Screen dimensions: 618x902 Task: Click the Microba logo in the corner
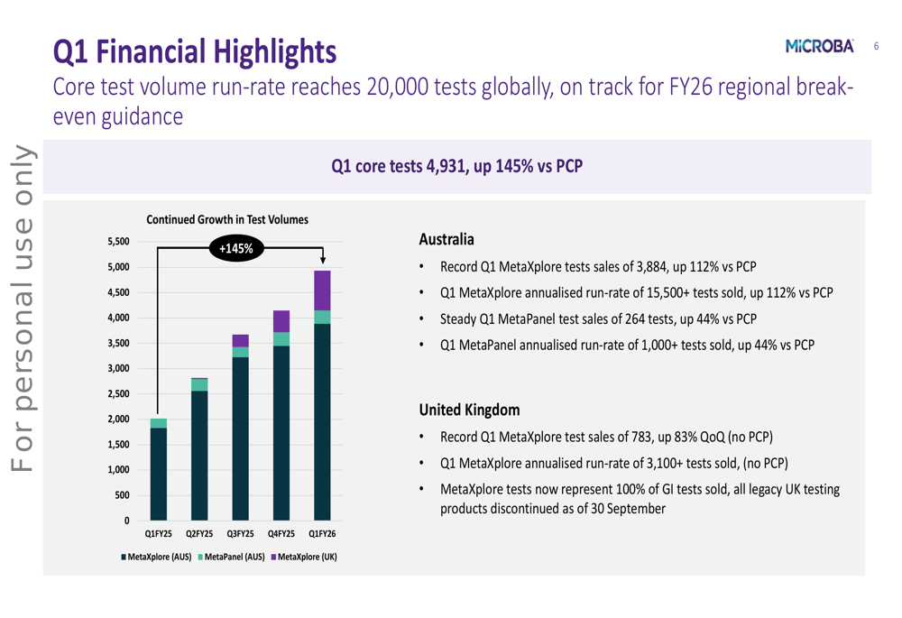click(820, 46)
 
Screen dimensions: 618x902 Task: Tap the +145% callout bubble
click(237, 248)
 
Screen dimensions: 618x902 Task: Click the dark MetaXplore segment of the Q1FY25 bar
click(159, 474)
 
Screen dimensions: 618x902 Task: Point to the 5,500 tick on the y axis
click(118, 242)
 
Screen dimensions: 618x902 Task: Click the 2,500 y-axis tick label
click(118, 394)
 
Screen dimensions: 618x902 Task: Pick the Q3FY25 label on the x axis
click(239, 535)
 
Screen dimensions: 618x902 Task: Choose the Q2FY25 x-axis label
click(198, 535)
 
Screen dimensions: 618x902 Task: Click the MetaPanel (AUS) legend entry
click(232, 557)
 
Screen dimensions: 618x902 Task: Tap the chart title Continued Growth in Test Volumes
click(227, 220)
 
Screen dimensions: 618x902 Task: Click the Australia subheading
click(446, 240)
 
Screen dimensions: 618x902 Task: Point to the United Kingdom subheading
click(469, 410)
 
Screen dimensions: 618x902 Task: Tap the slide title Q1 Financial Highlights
click(195, 51)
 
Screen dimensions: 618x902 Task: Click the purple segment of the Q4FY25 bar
click(281, 321)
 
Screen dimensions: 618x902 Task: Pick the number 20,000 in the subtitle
click(398, 88)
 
